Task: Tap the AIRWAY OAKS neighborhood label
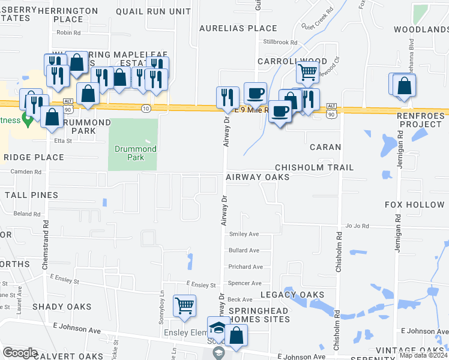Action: [258, 178]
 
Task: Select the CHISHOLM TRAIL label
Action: [314, 167]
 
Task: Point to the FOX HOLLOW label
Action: [415, 205]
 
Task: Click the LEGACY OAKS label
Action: [292, 295]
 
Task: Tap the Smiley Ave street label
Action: [244, 234]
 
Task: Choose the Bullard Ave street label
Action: [244, 250]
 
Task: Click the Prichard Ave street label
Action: [246, 266]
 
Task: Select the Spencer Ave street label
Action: [245, 283]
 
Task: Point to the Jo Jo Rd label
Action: [357, 226]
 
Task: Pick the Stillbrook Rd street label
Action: [280, 42]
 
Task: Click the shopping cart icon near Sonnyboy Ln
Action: [185, 305]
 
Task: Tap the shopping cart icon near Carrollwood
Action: [307, 72]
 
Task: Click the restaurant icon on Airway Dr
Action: [228, 97]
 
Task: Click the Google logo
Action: [20, 353]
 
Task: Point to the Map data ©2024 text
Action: [423, 355]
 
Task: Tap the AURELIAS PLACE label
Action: [238, 28]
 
